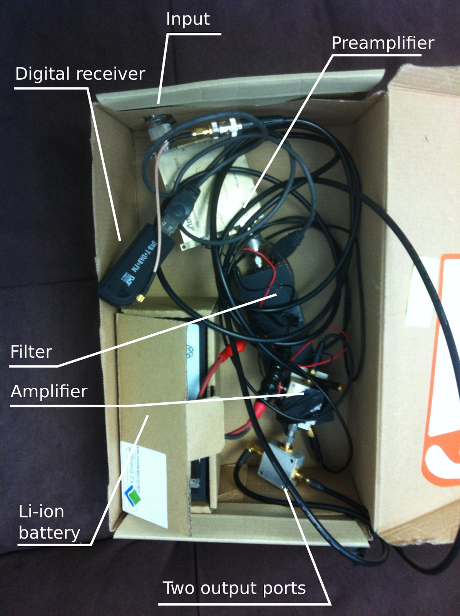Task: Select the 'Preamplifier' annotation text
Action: [x=383, y=43]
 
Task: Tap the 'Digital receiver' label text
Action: [x=80, y=74]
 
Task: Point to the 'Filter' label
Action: [x=31, y=352]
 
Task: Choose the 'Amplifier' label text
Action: [x=49, y=392]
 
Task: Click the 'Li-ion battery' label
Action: [x=49, y=522]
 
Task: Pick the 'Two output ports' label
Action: [x=234, y=588]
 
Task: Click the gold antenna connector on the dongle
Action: [x=141, y=298]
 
